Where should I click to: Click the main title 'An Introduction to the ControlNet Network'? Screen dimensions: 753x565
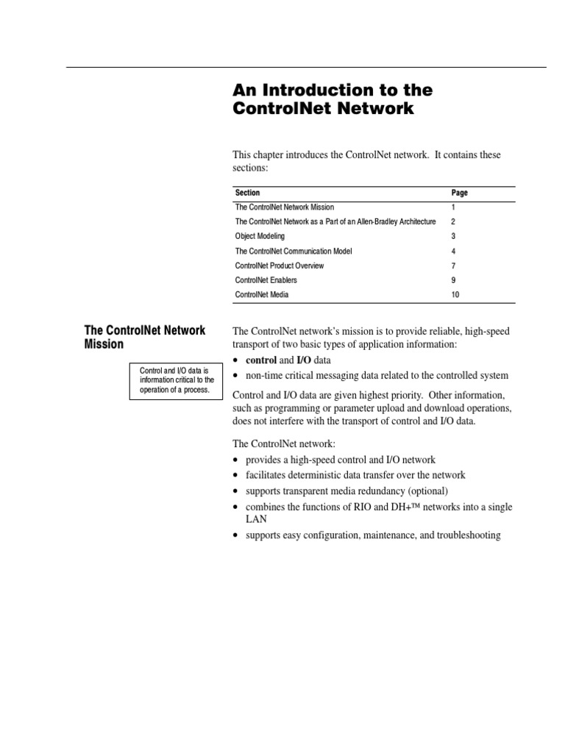click(333, 99)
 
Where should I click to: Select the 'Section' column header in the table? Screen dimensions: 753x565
click(247, 193)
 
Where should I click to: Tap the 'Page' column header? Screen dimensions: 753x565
click(459, 193)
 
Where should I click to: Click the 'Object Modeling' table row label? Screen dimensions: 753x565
click(260, 236)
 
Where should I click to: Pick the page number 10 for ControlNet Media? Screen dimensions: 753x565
click(455, 294)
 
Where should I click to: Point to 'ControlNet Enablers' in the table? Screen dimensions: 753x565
click(266, 280)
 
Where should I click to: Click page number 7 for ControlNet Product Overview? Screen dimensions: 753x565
click(453, 265)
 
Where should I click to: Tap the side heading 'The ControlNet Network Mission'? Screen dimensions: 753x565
click(146, 337)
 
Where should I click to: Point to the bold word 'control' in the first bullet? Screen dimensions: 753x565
click(260, 360)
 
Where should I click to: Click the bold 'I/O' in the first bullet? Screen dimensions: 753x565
click(303, 360)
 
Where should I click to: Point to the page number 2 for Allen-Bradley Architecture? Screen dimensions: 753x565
click(453, 221)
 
